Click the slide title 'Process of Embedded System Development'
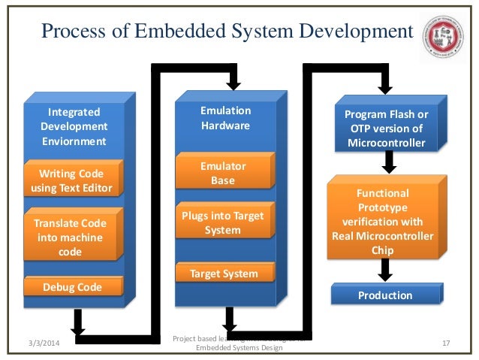(x=226, y=32)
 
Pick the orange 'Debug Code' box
(x=73, y=287)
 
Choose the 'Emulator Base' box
(x=222, y=173)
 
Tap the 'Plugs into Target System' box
(x=222, y=222)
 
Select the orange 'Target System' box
(x=222, y=274)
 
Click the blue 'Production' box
(x=384, y=295)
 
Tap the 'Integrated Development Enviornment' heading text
(x=74, y=126)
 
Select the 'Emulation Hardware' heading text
(x=225, y=118)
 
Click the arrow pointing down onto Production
(x=385, y=270)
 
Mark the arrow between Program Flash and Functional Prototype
(x=389, y=162)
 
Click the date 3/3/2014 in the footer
(x=40, y=343)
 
